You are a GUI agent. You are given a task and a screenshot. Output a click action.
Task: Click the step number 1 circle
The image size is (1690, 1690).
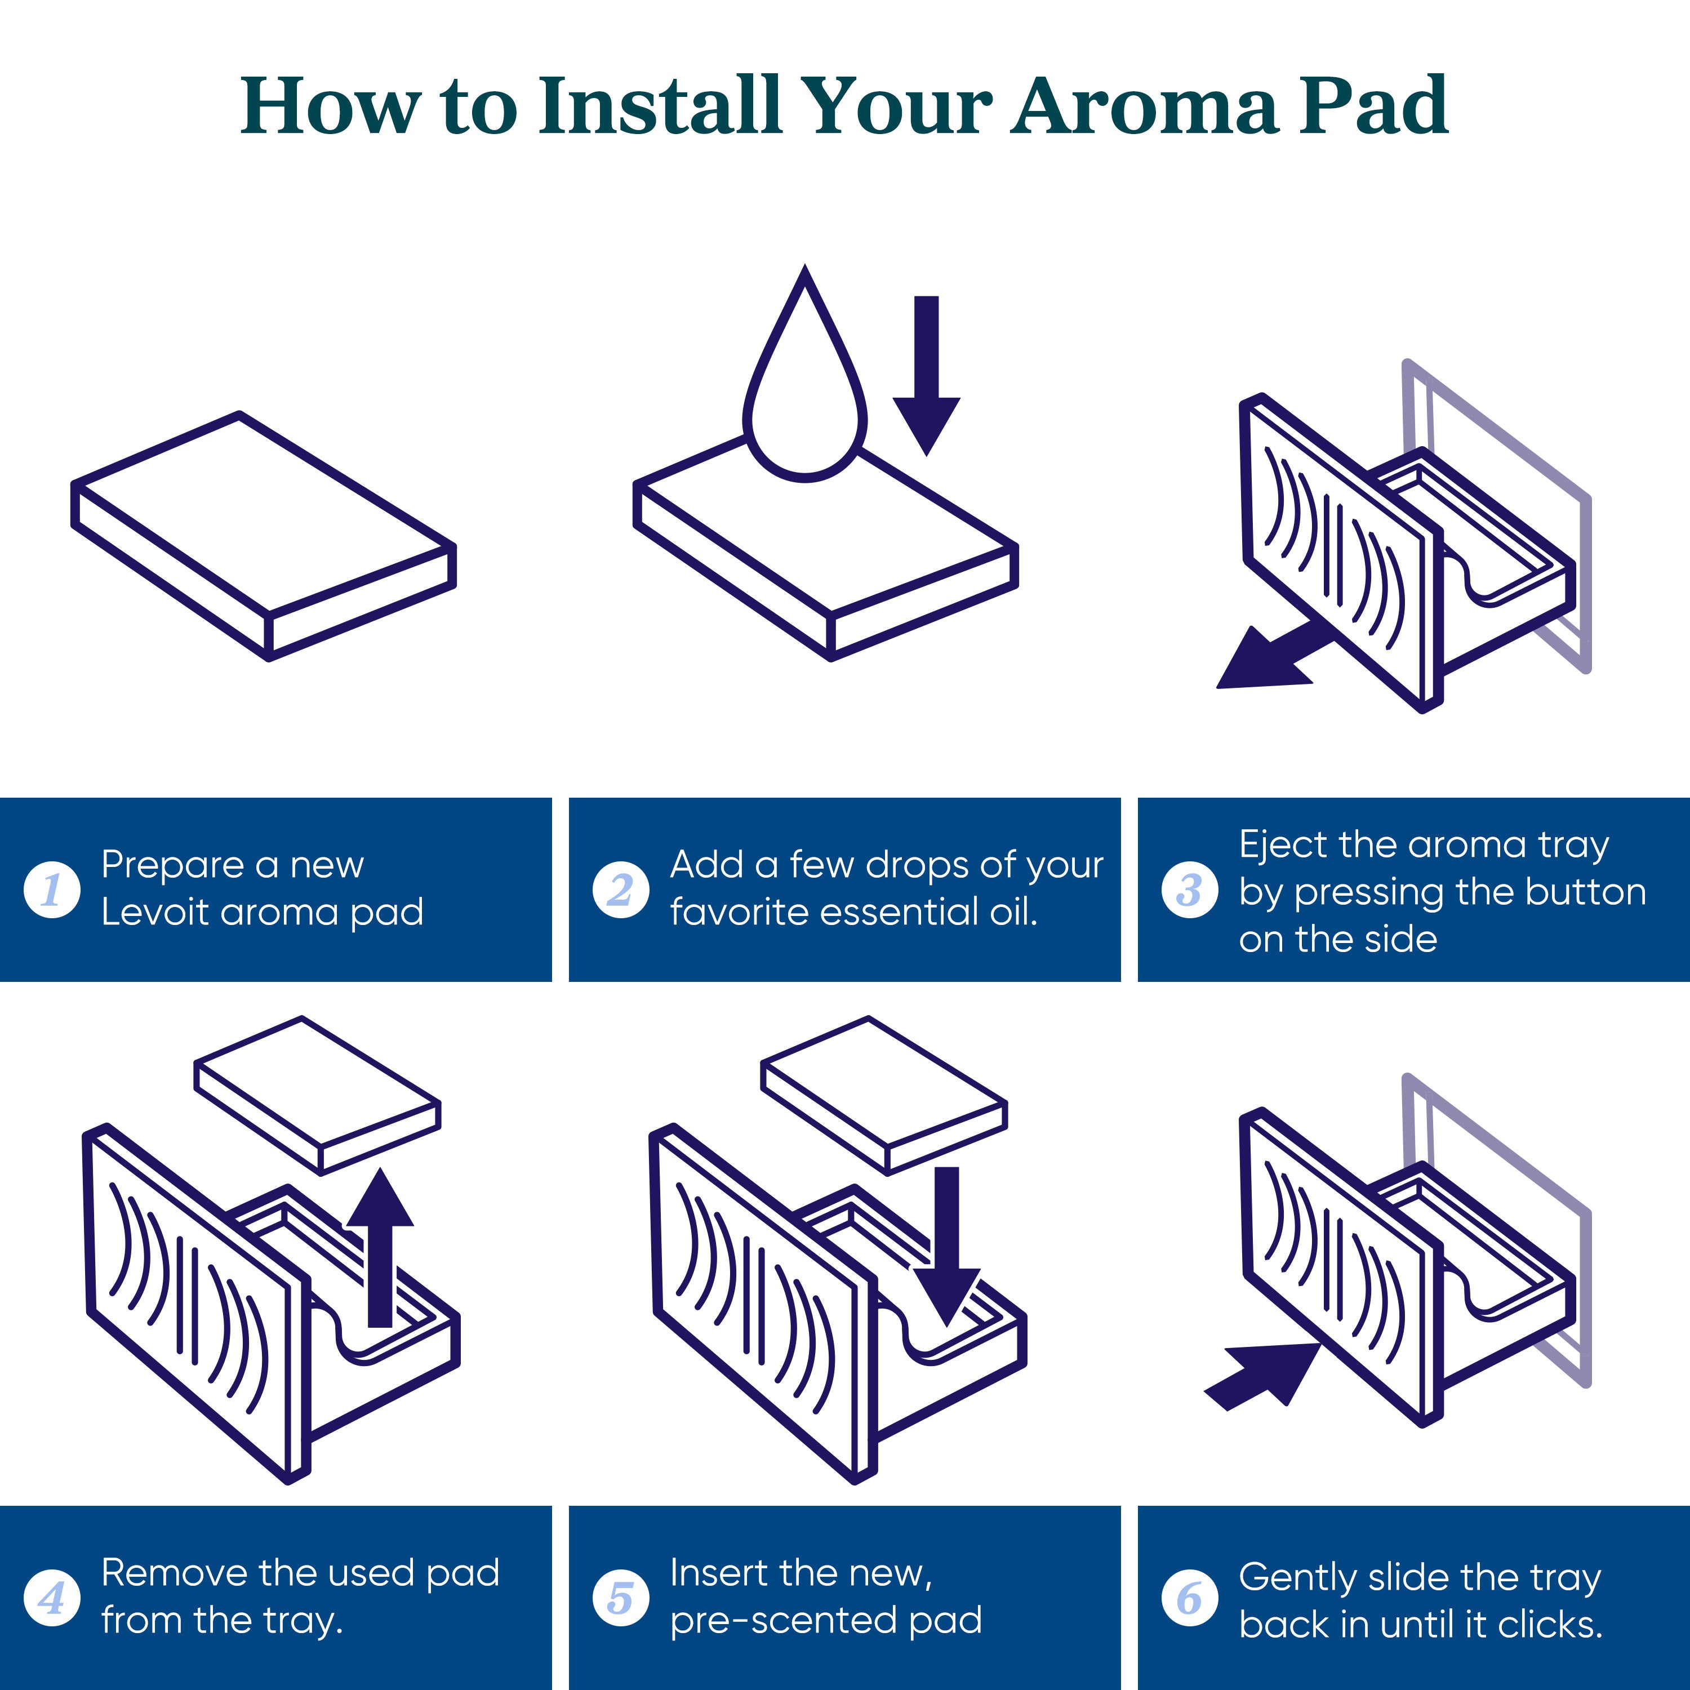coord(52,890)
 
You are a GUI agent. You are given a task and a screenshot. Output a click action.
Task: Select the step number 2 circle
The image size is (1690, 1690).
coord(621,890)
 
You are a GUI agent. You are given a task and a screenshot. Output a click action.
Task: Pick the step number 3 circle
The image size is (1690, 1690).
coord(1190,890)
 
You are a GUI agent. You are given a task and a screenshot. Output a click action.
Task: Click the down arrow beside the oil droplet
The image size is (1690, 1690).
coord(926,376)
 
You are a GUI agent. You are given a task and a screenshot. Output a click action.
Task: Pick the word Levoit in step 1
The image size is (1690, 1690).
coord(155,913)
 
